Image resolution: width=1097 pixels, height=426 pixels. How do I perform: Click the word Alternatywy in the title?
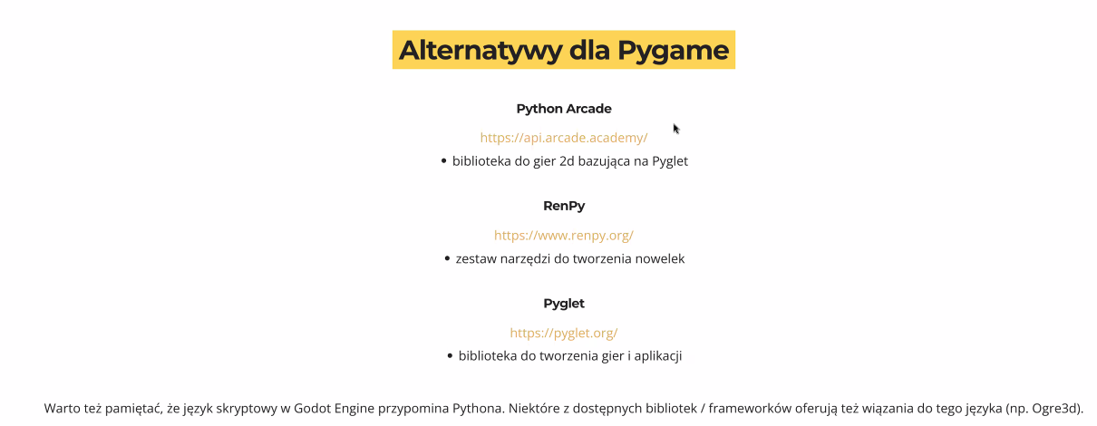click(481, 51)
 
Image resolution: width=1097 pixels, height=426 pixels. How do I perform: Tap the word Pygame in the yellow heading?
click(673, 51)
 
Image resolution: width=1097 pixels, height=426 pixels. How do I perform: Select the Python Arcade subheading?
click(564, 109)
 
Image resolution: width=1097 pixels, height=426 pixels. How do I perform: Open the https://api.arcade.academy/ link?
click(564, 138)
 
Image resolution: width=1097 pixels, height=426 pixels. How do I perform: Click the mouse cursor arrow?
click(676, 129)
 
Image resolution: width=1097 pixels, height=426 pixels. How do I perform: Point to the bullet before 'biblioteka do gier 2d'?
click(443, 160)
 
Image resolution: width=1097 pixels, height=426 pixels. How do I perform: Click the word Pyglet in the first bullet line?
click(669, 161)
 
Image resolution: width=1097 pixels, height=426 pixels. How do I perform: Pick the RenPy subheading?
click(564, 206)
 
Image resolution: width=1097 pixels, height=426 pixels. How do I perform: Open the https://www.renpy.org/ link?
click(564, 235)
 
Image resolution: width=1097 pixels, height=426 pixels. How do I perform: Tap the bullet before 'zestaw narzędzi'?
click(447, 258)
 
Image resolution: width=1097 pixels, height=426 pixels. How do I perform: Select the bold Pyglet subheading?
click(564, 304)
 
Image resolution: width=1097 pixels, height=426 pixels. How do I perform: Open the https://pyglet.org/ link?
click(564, 333)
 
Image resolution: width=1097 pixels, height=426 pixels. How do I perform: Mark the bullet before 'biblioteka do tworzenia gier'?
click(450, 355)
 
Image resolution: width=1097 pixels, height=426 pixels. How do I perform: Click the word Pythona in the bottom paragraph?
click(478, 409)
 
